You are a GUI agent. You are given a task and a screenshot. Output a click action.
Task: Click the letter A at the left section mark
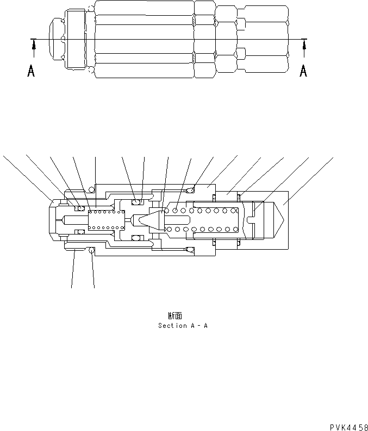32,71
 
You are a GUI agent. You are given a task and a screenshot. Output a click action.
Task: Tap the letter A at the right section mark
303,71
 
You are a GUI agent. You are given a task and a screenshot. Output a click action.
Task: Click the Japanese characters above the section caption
174,315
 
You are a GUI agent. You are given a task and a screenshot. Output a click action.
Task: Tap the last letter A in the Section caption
205,326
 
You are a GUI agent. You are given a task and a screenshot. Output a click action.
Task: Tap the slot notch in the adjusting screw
250,220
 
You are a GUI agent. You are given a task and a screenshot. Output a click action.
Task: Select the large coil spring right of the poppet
201,220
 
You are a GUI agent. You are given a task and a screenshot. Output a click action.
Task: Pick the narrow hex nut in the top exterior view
204,39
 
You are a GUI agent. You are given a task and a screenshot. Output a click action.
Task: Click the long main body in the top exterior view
144,39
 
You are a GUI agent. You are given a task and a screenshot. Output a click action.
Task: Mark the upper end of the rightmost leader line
333,157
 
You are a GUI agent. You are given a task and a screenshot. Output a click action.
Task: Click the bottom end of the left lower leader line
71,287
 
